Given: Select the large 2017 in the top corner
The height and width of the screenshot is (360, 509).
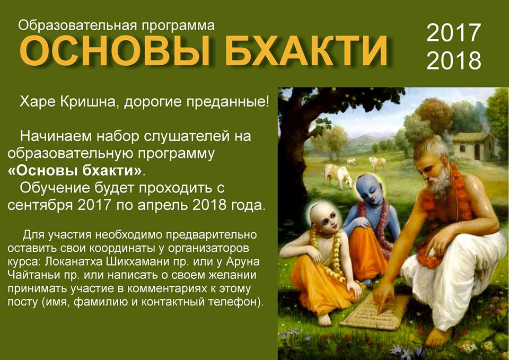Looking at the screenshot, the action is coord(453,32).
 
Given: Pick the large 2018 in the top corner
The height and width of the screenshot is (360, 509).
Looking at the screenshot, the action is coord(453,60).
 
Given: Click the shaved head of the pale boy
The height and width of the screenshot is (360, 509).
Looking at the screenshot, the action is coord(321,213).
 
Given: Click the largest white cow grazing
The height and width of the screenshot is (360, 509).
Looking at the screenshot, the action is coord(338,175).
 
